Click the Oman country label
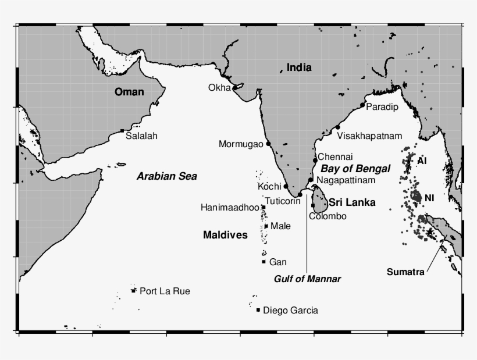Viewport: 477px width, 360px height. (x=129, y=92)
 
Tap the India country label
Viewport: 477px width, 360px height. (x=299, y=68)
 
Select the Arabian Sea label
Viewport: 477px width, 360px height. (x=167, y=176)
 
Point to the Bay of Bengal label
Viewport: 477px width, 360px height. (x=355, y=169)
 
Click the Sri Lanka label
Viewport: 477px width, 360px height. (x=351, y=202)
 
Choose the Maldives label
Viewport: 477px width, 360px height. (x=225, y=235)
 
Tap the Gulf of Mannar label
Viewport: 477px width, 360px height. (x=307, y=279)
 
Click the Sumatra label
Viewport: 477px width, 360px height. (x=405, y=272)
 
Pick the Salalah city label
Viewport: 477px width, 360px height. (x=142, y=136)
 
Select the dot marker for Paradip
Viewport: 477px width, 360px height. (x=362, y=105)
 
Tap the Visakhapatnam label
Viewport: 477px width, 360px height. (x=369, y=136)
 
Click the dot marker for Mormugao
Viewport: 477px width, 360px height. (x=268, y=144)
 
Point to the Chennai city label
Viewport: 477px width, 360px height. (x=335, y=157)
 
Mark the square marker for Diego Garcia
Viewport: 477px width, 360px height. (x=258, y=310)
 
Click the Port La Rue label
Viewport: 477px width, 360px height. (x=165, y=291)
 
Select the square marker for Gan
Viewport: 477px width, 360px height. (x=264, y=262)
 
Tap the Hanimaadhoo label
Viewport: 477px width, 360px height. (x=229, y=207)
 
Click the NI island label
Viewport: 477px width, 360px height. (x=429, y=198)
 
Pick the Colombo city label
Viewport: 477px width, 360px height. (x=328, y=216)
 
